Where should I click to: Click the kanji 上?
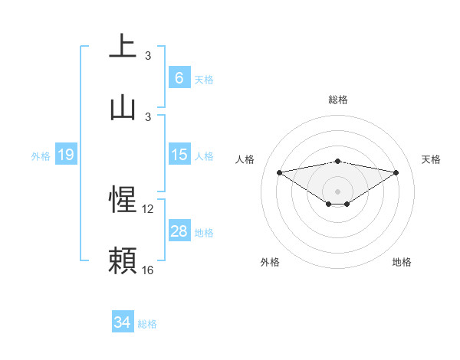[x=123, y=46]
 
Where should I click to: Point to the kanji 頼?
[x=123, y=260]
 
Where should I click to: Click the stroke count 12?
[x=148, y=208]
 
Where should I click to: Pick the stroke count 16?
[x=148, y=270]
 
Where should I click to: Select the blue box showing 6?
[x=179, y=78]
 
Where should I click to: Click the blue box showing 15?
[x=179, y=155]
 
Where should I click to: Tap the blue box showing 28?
[x=179, y=231]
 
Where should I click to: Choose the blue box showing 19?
[x=65, y=155]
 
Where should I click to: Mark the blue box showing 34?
[x=122, y=323]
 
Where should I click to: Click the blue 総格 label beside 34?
[x=147, y=324]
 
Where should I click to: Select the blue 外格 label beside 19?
[x=41, y=156]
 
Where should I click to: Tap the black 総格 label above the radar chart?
[x=337, y=100]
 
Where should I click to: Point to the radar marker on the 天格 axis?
[x=396, y=172]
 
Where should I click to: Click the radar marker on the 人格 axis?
[x=279, y=172]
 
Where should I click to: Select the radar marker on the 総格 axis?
[x=337, y=162]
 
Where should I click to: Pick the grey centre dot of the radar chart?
[x=337, y=191]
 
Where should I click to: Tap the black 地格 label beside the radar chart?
[x=402, y=262]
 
